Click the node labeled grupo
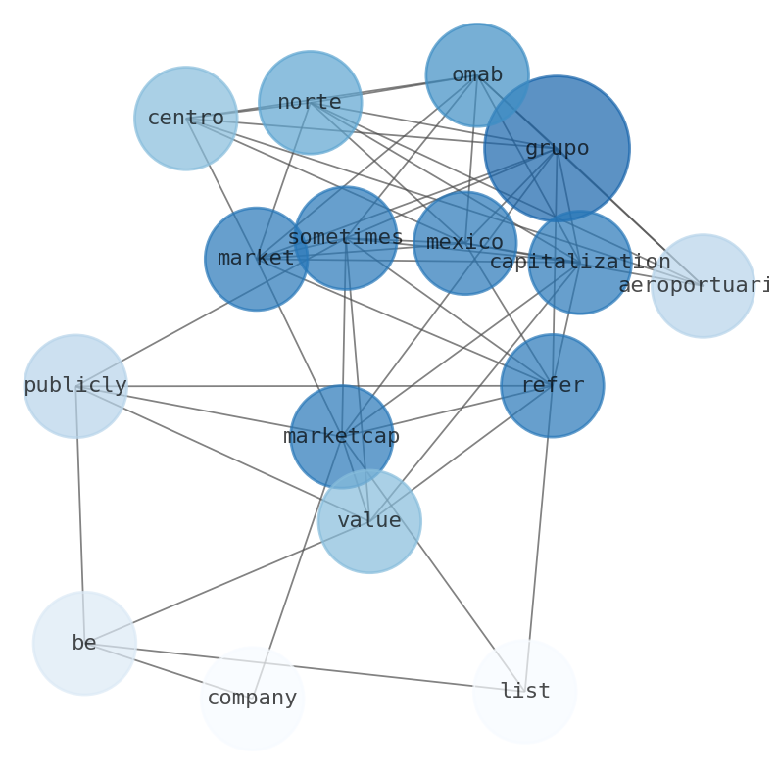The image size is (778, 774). [x=557, y=148]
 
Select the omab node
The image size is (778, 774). [x=477, y=75]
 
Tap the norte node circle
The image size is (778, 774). [x=310, y=103]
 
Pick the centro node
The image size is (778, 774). [x=185, y=119]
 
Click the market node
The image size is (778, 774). [x=256, y=259]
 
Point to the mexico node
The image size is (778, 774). [x=464, y=243]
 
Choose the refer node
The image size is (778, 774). [x=552, y=386]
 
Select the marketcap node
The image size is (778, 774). [x=341, y=437]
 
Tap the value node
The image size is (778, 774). [x=369, y=521]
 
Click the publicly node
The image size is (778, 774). [x=75, y=386]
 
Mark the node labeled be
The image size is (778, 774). [x=84, y=644]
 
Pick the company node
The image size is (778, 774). [x=252, y=699]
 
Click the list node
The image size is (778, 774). [x=525, y=692]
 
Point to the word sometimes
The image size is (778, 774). [x=345, y=237]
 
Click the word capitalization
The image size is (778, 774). [x=579, y=262]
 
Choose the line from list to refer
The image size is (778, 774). [x=539, y=539]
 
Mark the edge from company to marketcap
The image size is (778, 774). [x=297, y=568]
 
